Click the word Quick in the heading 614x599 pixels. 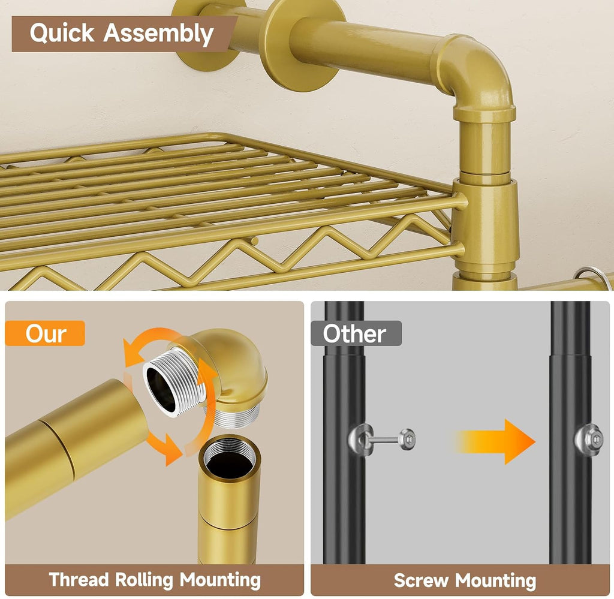pos(62,33)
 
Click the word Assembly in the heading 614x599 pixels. pos(158,34)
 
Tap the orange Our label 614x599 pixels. pos(45,333)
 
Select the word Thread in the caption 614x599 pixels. pos(79,579)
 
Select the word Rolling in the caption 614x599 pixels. pos(144,580)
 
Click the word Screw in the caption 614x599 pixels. pos(421,580)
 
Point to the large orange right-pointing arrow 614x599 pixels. pos(495,442)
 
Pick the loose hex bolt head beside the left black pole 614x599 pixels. pos(407,439)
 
